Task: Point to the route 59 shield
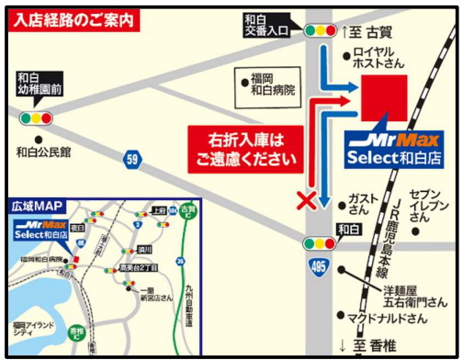(133, 160)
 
